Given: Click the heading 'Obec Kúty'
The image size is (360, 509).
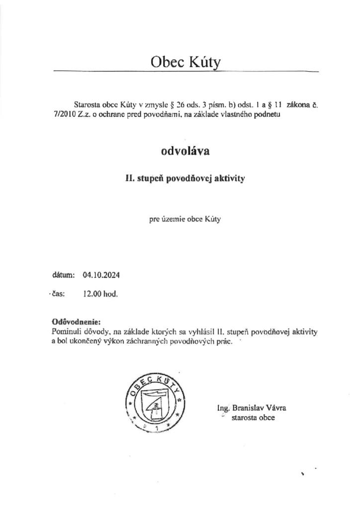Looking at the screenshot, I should coord(185,62).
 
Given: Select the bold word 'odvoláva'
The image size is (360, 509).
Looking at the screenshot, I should coord(185,151).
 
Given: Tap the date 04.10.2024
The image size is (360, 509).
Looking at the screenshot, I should coord(102,274).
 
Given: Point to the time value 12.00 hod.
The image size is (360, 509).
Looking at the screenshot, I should coord(100,294).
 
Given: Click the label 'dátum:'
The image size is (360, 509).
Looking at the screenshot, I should coord(63,274).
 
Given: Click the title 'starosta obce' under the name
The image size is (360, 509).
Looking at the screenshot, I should coord(253,418).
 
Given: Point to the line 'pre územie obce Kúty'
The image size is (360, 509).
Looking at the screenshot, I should coord(185,219).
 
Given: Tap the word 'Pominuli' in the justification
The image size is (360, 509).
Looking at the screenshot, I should coord(66,331).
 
